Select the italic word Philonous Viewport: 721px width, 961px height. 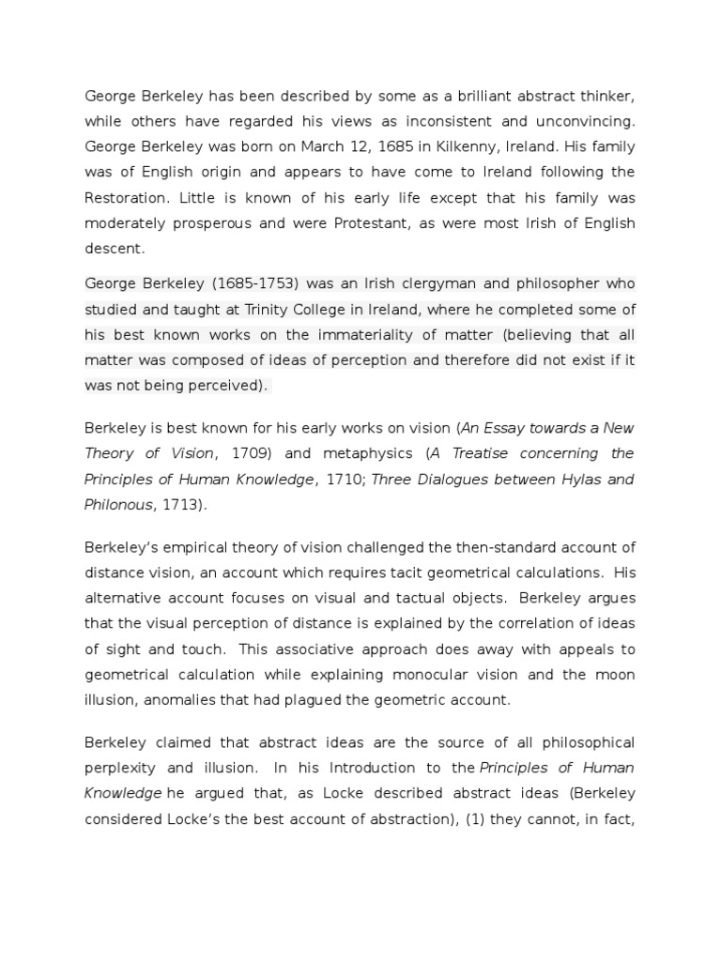pos(117,505)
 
